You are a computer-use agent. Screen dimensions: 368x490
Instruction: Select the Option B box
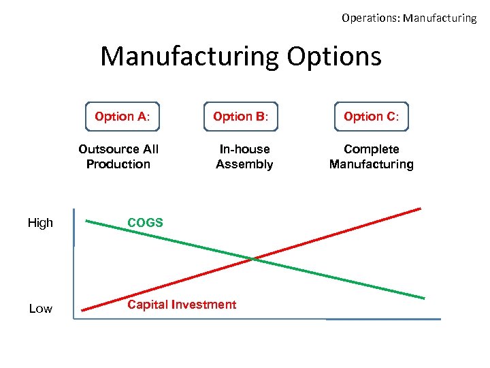coord(241,117)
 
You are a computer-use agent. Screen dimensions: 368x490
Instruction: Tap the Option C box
coord(372,117)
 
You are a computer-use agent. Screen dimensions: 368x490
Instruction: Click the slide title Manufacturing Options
coord(241,56)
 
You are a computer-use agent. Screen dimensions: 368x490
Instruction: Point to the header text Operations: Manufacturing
coord(408,18)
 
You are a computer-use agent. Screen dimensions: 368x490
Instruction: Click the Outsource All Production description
coord(118,157)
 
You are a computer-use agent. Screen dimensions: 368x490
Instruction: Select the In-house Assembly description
coord(244,157)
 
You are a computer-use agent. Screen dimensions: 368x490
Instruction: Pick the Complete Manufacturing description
coord(372,157)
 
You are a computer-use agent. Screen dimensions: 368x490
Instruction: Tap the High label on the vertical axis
coord(40,223)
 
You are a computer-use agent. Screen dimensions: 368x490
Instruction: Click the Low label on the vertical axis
coord(40,309)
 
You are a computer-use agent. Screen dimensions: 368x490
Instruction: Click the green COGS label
coord(145,223)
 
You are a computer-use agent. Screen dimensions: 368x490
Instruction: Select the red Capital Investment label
coord(182,305)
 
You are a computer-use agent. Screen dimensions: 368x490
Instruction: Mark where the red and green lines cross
coord(252,258)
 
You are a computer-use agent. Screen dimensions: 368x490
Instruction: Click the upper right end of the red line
coord(420,209)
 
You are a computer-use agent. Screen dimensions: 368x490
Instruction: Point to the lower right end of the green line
coord(424,298)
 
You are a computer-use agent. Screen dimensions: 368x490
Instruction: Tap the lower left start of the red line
coord(83,311)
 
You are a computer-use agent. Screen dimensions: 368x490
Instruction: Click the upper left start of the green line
coord(86,220)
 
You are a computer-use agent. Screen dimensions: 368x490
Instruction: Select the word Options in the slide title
coord(333,56)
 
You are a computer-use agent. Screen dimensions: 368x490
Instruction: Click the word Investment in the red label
coord(206,305)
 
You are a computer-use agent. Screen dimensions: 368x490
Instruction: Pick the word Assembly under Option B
coord(244,164)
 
